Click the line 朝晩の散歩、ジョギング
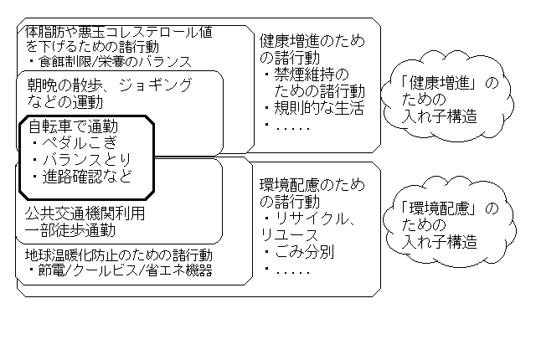[109, 85]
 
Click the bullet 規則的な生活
[316, 108]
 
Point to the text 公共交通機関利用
[85, 213]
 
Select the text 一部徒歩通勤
[70, 229]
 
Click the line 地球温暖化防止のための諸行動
[118, 255]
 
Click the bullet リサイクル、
[310, 219]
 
